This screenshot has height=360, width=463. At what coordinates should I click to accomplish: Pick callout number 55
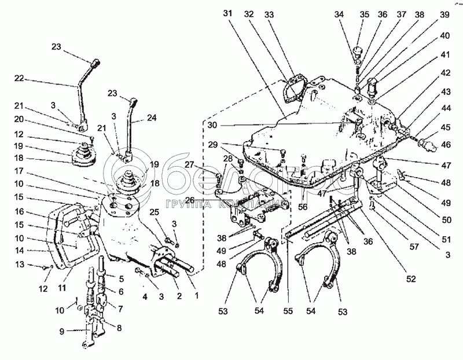tap(287, 310)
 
